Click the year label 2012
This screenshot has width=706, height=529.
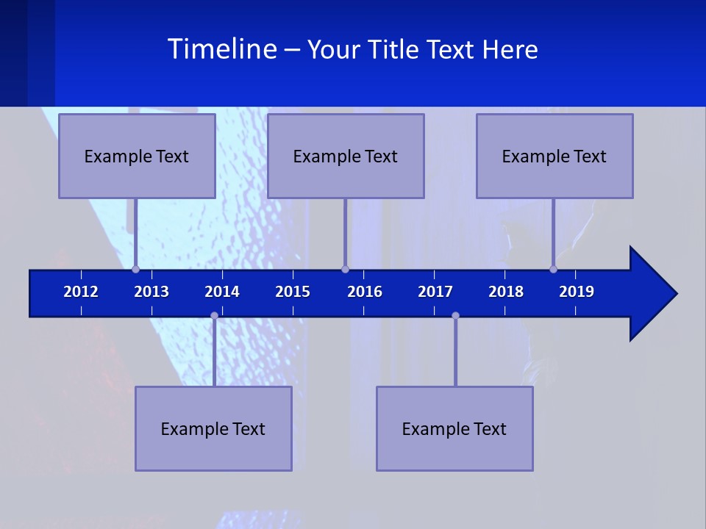tap(81, 292)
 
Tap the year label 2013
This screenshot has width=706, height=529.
tap(151, 292)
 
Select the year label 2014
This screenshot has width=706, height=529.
tap(222, 292)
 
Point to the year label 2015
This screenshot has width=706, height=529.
tap(293, 292)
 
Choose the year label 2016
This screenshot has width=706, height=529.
tap(365, 292)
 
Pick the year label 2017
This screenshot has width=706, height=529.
tap(435, 292)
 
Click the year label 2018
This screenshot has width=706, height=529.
tap(506, 292)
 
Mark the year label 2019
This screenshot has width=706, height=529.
tap(577, 292)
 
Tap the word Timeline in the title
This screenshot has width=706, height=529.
tap(221, 49)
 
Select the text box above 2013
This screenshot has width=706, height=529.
tap(137, 156)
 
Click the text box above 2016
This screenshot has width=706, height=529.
tap(346, 156)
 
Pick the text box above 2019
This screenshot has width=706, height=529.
tap(555, 156)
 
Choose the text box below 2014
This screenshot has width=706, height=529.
tap(213, 428)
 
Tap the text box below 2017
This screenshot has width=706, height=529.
tap(454, 428)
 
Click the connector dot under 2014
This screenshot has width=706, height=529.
tap(214, 316)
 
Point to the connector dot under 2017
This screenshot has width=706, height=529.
tap(455, 316)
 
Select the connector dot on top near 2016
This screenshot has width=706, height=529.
tap(345, 269)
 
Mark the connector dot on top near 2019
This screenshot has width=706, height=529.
tap(553, 269)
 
